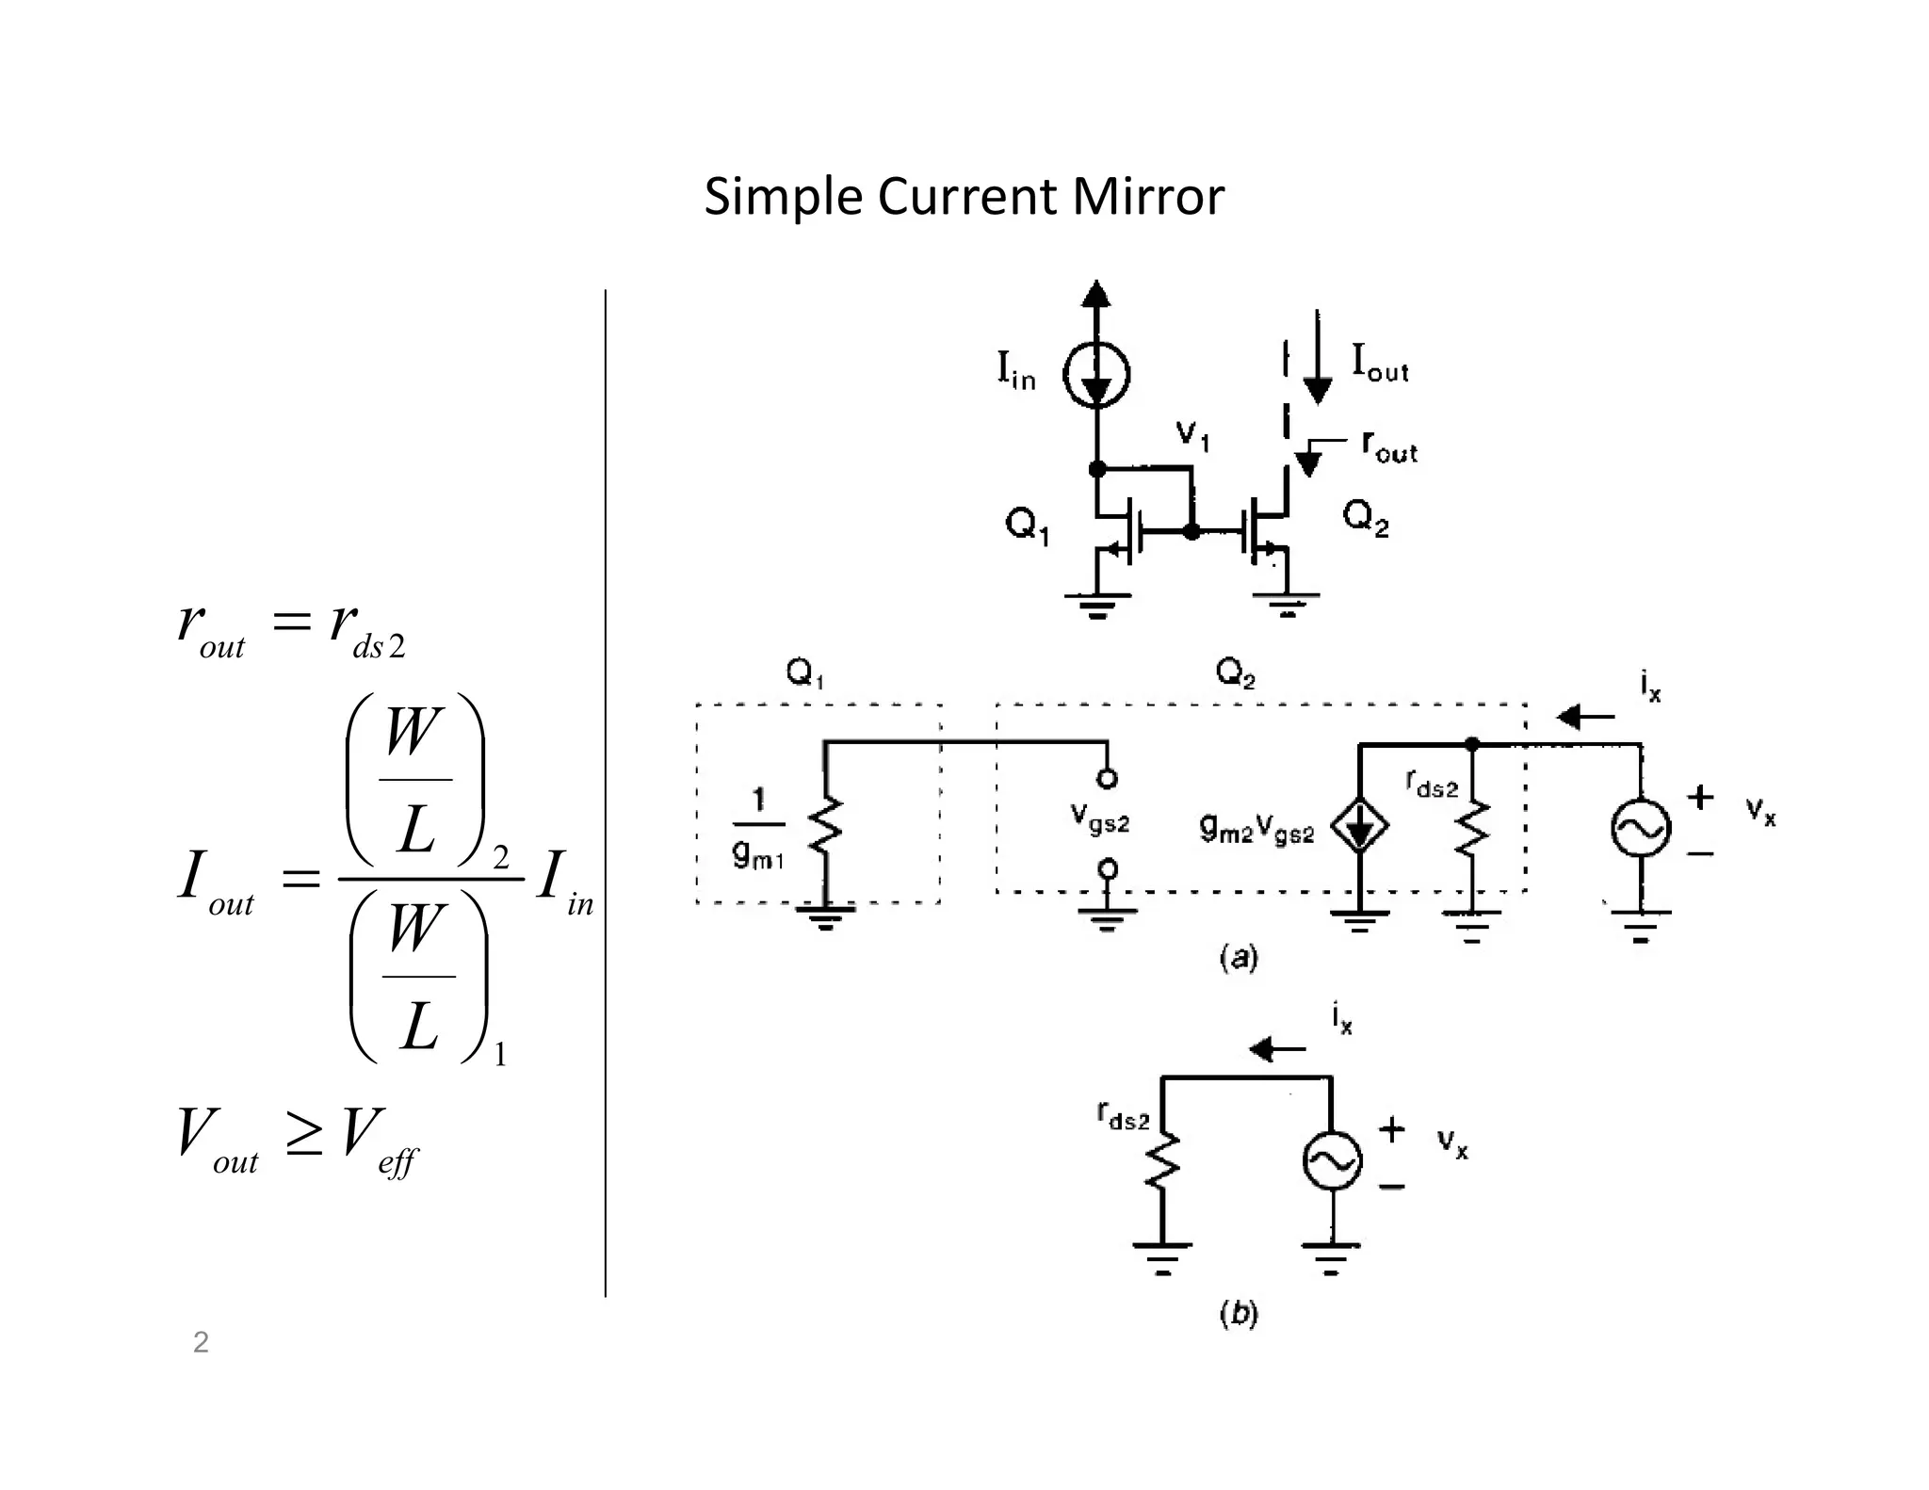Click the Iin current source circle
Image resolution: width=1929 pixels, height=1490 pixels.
[1095, 375]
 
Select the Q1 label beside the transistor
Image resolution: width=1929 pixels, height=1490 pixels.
[1027, 525]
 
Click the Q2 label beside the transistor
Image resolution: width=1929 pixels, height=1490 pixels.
[1366, 517]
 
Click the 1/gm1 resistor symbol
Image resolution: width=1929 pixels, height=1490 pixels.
[825, 826]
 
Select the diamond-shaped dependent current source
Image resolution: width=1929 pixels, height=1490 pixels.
[1358, 826]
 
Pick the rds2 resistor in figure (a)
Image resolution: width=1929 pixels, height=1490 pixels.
[1471, 826]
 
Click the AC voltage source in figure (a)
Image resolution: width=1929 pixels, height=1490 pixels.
[1641, 828]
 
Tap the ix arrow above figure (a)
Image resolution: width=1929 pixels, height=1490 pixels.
[1586, 718]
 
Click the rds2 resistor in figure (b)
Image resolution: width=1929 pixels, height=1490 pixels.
[1162, 1161]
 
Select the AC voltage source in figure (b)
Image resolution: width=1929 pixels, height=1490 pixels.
[1332, 1161]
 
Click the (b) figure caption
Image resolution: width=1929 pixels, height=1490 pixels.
[1239, 1313]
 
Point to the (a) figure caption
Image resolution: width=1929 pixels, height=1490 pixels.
[1239, 958]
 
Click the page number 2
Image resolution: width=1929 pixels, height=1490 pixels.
[201, 1342]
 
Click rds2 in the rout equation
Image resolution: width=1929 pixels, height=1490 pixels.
[366, 628]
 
